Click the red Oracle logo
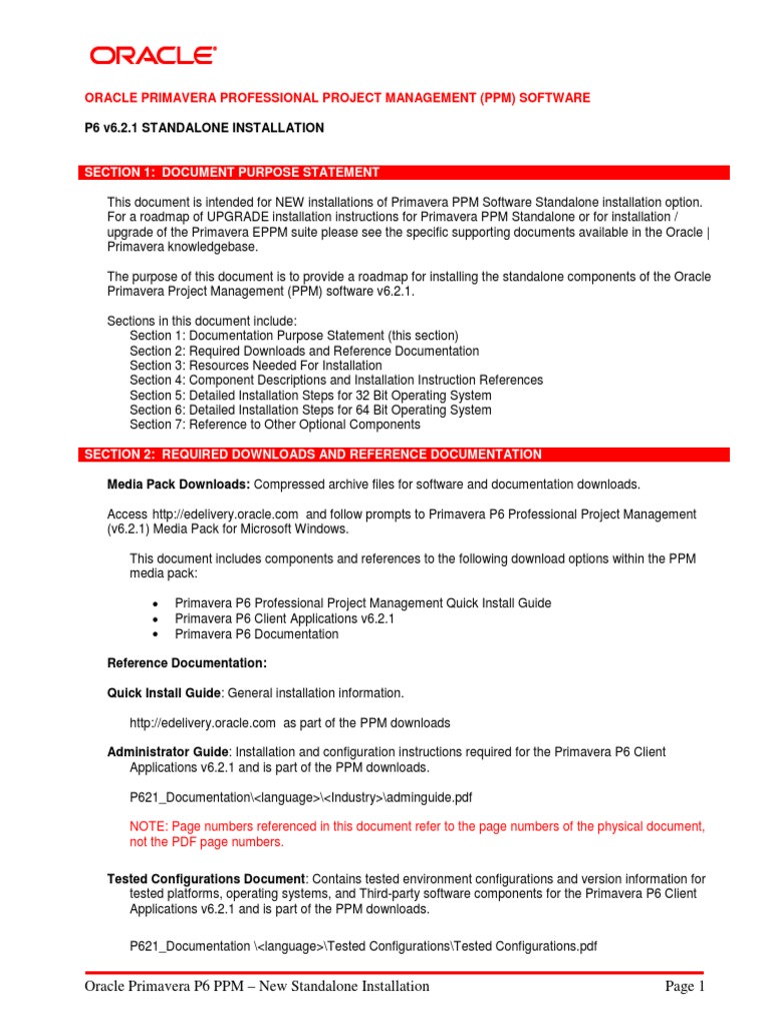click(151, 55)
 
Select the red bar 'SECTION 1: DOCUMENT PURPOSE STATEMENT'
click(231, 173)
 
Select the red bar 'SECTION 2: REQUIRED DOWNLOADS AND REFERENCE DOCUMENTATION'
click(312, 455)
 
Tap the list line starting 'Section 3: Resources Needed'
click(255, 366)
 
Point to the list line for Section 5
click(310, 395)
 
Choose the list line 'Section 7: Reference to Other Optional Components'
click(275, 425)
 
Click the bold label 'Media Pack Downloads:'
click(179, 485)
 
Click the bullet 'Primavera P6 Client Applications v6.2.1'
click(285, 619)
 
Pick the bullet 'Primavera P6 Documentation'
click(256, 634)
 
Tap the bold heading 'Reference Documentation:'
click(187, 663)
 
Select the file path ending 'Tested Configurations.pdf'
click(364, 946)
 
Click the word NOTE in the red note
click(149, 826)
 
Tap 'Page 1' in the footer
click(685, 987)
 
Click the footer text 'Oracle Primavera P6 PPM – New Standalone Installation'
click(257, 987)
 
